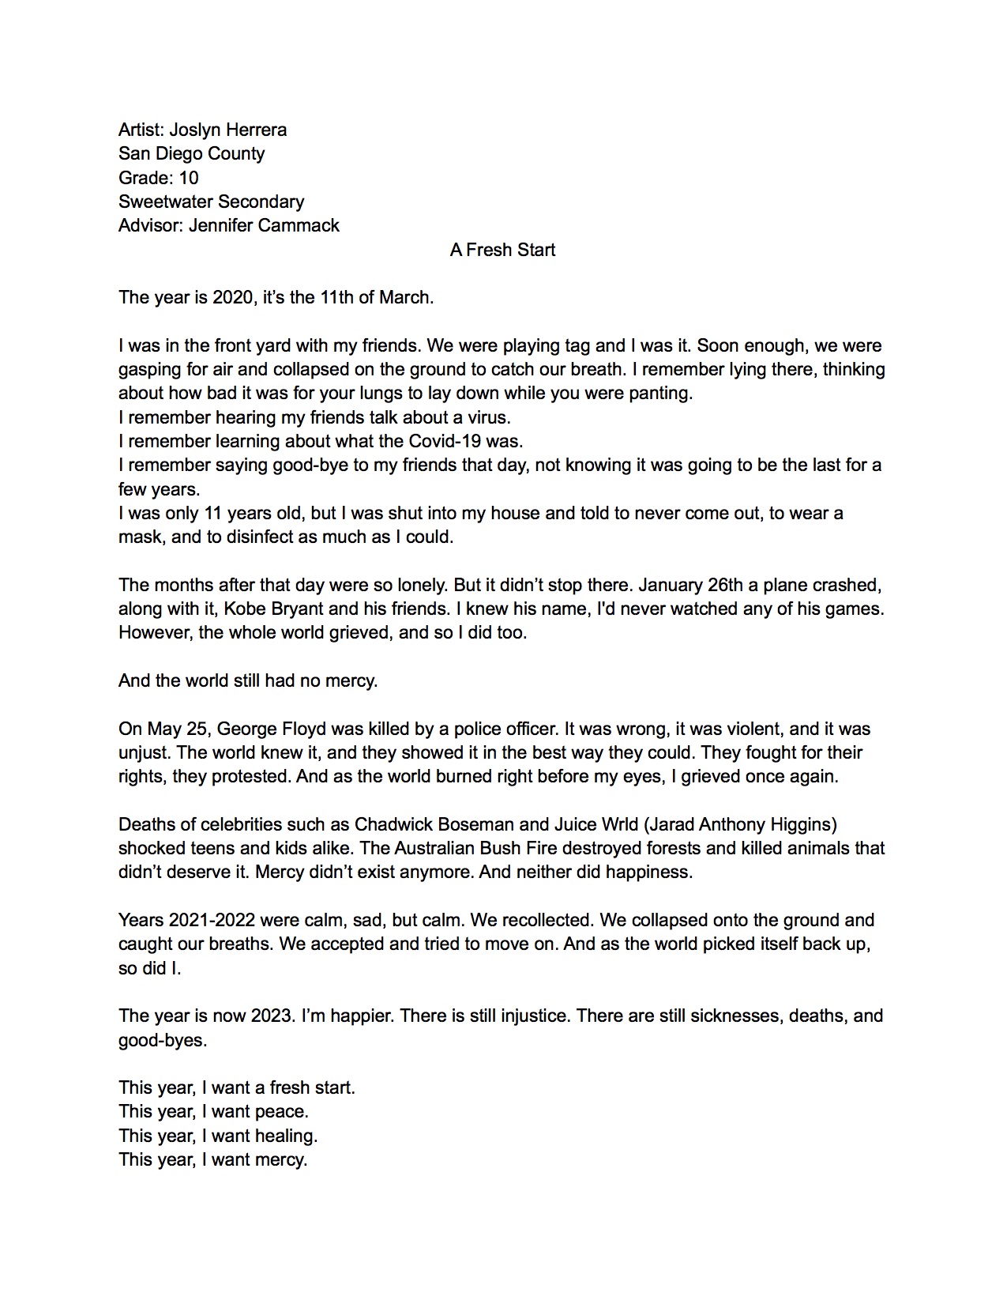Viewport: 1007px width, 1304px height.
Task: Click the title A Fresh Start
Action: pyautogui.click(x=502, y=250)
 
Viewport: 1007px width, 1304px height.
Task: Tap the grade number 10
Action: pyautogui.click(x=189, y=178)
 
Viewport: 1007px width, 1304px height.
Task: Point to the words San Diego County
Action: pyautogui.click(x=191, y=153)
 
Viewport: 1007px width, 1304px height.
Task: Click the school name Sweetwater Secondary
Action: pyautogui.click(x=211, y=202)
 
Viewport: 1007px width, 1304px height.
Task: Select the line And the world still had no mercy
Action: pyautogui.click(x=248, y=680)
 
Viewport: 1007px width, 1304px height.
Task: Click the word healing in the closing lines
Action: pyautogui.click(x=285, y=1136)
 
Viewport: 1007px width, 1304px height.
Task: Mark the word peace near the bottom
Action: pyautogui.click(x=281, y=1111)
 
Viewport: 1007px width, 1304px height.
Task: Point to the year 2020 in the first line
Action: pyautogui.click(x=231, y=297)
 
